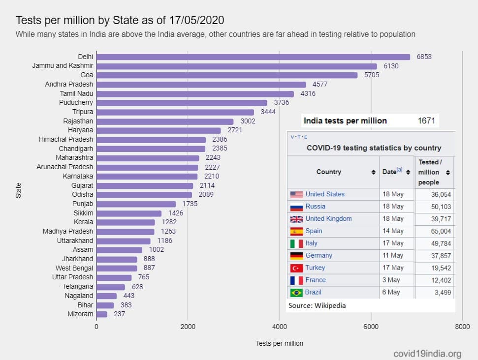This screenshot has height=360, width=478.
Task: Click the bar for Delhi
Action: pyautogui.click(x=253, y=57)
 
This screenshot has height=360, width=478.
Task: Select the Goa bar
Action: pyautogui.click(x=227, y=75)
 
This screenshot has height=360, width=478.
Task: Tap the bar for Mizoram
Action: pyautogui.click(x=102, y=314)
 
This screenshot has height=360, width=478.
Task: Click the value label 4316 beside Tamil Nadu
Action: pyautogui.click(x=308, y=93)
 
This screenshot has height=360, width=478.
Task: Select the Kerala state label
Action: pyautogui.click(x=83, y=222)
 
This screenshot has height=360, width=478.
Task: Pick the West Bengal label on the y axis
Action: pyautogui.click(x=74, y=268)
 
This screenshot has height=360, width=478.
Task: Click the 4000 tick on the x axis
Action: pyautogui.click(x=279, y=327)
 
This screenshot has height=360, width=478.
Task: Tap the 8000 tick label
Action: pyautogui.click(x=462, y=327)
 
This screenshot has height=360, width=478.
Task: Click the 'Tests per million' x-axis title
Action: pyautogui.click(x=279, y=343)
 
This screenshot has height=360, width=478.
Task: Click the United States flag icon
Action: pyautogui.click(x=296, y=194)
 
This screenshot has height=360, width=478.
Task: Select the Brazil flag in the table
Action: pyautogui.click(x=296, y=292)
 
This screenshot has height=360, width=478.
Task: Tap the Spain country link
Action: pyautogui.click(x=314, y=231)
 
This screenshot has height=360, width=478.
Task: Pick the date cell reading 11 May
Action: pyautogui.click(x=393, y=255)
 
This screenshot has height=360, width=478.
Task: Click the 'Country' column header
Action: pyautogui.click(x=328, y=172)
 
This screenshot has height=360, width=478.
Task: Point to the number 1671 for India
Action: pyautogui.click(x=426, y=121)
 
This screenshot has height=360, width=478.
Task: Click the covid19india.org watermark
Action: pyautogui.click(x=428, y=353)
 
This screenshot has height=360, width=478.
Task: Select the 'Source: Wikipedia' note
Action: pyautogui.click(x=317, y=305)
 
